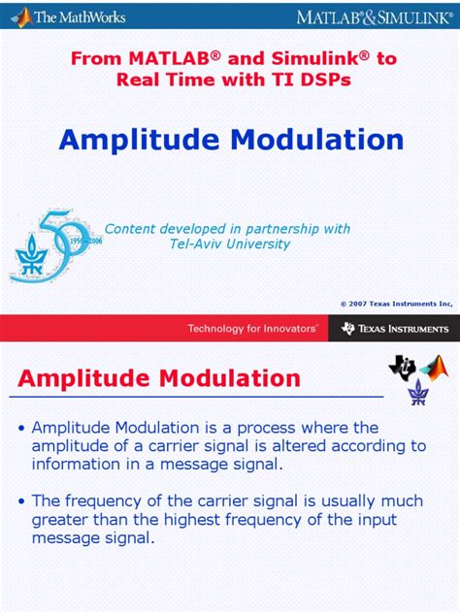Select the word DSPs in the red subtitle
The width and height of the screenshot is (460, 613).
click(x=321, y=79)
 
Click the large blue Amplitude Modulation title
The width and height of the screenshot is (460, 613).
click(x=231, y=140)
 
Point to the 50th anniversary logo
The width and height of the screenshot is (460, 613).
click(x=54, y=242)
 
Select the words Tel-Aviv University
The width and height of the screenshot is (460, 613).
click(x=230, y=244)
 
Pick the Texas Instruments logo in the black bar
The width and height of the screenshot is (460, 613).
click(x=395, y=329)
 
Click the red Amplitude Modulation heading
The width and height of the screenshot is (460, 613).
click(x=159, y=377)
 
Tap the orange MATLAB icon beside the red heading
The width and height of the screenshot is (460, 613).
click(x=434, y=368)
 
